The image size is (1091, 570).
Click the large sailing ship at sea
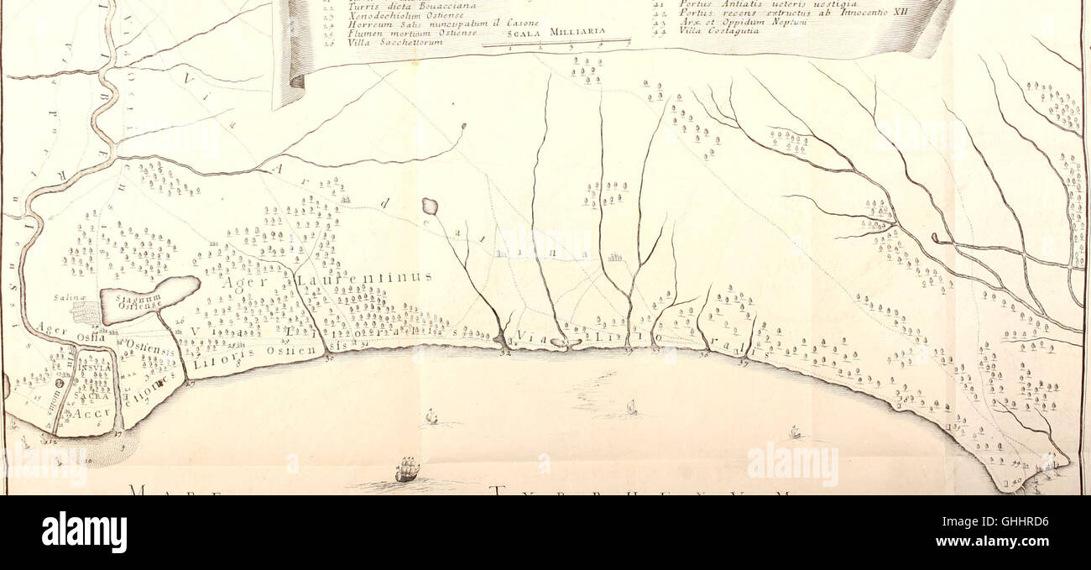[407, 469]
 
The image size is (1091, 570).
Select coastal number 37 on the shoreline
[743, 363]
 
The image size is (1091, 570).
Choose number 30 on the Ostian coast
[328, 358]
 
